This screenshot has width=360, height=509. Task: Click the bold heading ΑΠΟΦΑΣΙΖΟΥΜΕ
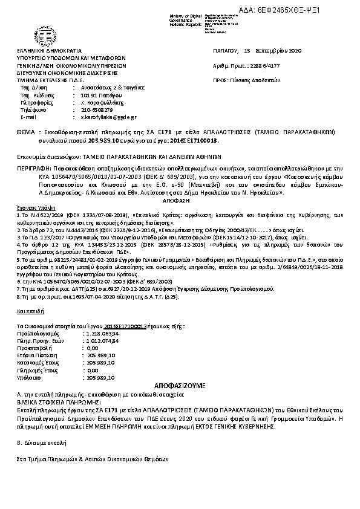coord(180,384)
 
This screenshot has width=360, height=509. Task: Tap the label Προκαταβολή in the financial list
coord(34,348)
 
